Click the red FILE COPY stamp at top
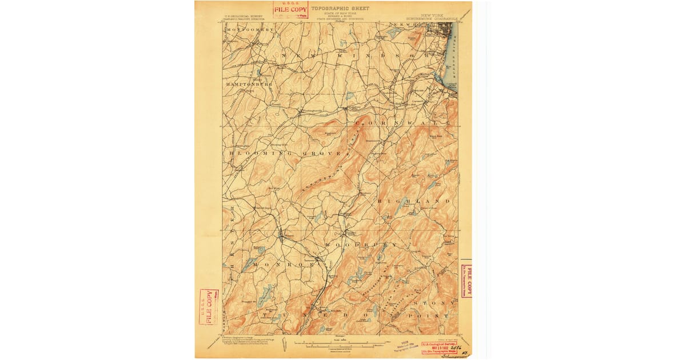[290, 10]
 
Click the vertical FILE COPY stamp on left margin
[209, 306]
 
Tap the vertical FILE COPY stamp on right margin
[466, 281]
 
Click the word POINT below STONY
[433, 315]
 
